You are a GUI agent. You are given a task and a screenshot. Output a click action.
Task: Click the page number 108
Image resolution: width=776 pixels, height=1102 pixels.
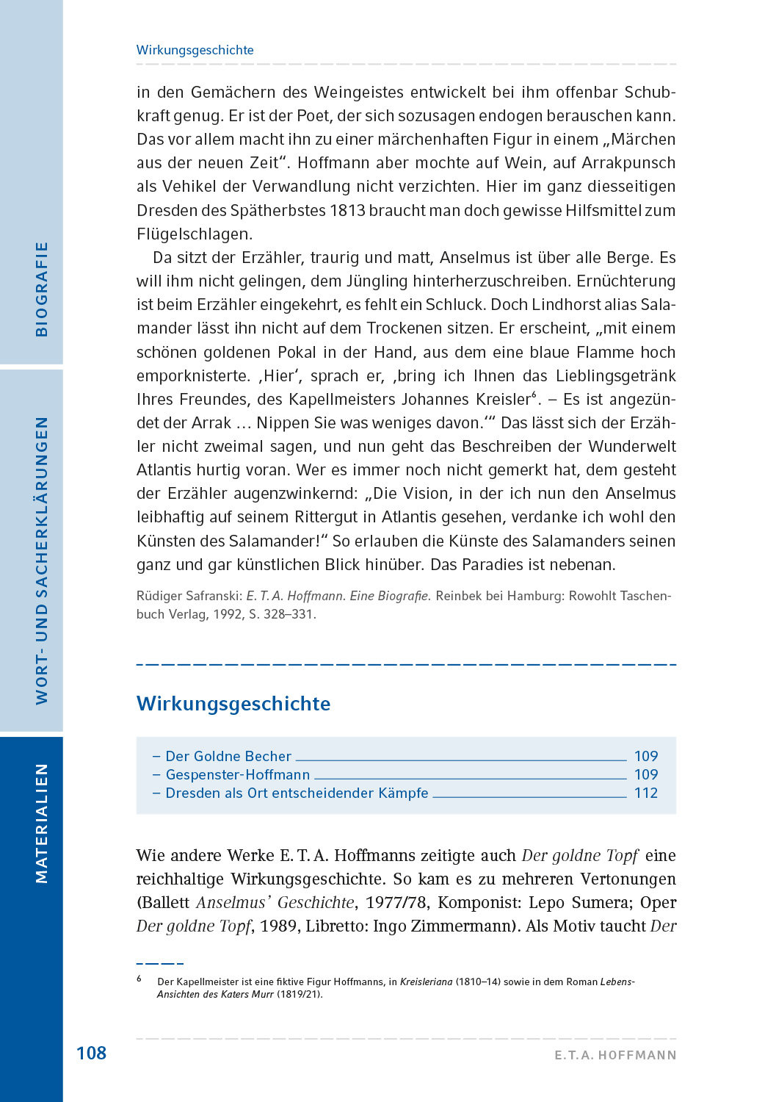tap(91, 1053)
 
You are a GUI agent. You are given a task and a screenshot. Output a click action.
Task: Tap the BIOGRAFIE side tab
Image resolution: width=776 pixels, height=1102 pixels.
tap(42, 289)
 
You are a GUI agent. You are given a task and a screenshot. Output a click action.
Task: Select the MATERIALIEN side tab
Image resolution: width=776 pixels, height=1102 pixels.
tap(42, 823)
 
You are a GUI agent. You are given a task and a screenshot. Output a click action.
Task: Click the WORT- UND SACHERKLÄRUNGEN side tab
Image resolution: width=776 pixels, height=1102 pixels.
tap(42, 561)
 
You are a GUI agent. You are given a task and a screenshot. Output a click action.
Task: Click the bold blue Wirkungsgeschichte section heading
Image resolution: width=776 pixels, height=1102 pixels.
tap(233, 703)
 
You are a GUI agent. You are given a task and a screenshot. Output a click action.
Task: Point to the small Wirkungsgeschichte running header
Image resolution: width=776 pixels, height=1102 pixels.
tap(195, 50)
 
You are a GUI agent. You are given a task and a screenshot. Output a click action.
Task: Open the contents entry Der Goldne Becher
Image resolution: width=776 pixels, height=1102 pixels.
tap(228, 756)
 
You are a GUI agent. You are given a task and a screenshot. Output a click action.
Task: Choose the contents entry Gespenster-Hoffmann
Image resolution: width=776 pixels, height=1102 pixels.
tap(238, 774)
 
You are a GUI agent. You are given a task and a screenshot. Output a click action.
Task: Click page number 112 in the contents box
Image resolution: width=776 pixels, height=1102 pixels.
tap(646, 793)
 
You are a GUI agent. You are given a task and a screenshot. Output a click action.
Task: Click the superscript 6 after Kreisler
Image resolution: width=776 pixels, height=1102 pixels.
tap(534, 395)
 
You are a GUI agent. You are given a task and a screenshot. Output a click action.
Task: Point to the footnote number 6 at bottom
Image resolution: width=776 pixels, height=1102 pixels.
tap(139, 979)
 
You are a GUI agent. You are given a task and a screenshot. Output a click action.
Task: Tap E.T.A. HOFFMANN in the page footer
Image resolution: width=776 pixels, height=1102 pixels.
tap(615, 1055)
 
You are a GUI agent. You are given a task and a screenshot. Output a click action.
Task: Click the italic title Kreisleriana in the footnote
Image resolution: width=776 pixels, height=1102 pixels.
tap(426, 982)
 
